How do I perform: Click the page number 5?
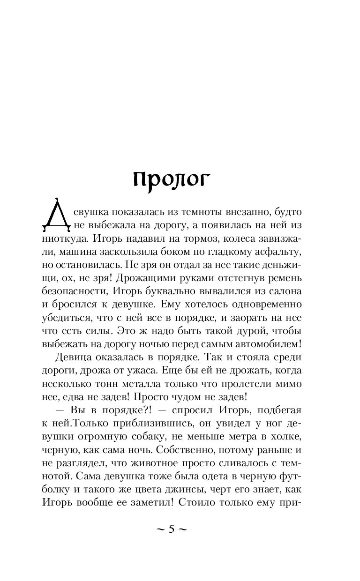click(171, 530)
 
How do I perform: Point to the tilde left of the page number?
click(159, 530)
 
